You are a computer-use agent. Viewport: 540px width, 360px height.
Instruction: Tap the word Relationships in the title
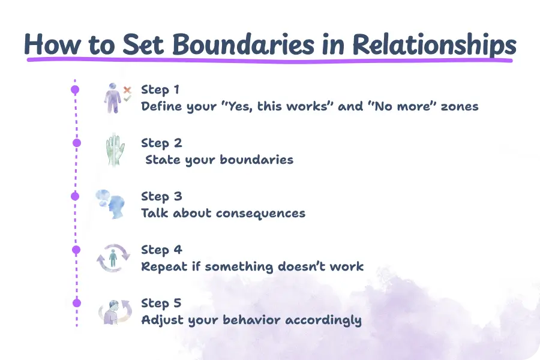(433, 44)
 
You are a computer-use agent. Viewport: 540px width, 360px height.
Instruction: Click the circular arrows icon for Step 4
(112, 258)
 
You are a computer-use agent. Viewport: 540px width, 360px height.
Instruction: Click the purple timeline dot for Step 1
(75, 90)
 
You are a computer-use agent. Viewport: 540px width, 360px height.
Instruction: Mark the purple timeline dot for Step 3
(75, 196)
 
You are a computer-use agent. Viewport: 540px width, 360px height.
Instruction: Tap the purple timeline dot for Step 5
(76, 302)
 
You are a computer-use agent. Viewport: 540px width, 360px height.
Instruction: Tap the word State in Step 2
(161, 160)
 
